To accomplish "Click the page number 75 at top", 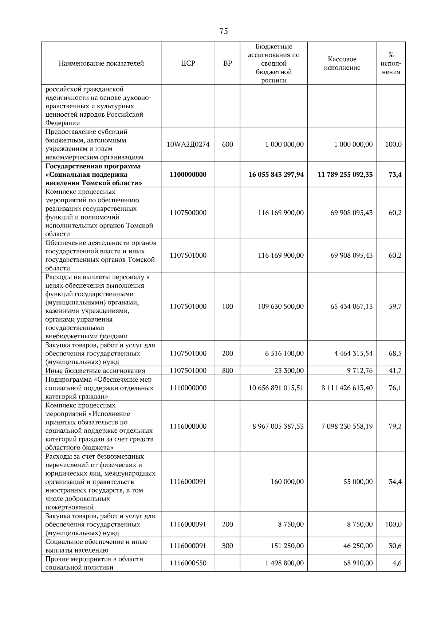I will (224, 31).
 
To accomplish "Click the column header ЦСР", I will (188, 63).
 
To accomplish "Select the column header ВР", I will (227, 63).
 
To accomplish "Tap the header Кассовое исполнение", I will (342, 63).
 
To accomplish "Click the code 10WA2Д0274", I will (188, 144).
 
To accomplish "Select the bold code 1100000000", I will (188, 175).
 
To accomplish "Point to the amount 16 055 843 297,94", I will (276, 175).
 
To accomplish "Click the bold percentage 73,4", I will (395, 175).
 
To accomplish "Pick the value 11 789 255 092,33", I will (345, 175).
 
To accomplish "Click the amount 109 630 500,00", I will (280, 307).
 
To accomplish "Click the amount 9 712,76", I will (359, 371).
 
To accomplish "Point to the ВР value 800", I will (227, 371).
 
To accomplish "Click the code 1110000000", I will (188, 388).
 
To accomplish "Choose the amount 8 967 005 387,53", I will (277, 427).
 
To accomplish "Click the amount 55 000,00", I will (358, 482).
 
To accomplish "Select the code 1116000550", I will (188, 563).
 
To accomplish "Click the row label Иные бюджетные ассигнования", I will (95, 371).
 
